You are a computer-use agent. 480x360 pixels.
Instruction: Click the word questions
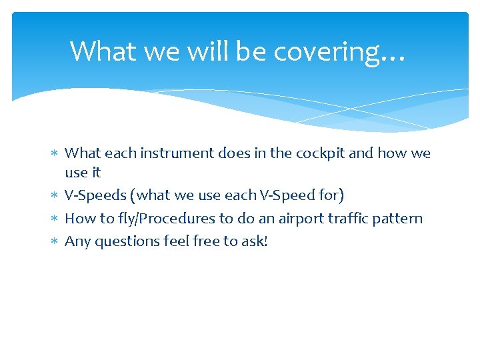click(x=127, y=241)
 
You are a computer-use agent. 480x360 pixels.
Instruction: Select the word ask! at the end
click(x=255, y=241)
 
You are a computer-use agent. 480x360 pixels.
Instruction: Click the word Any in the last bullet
click(x=77, y=241)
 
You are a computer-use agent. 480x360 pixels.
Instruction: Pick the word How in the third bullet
click(x=79, y=218)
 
